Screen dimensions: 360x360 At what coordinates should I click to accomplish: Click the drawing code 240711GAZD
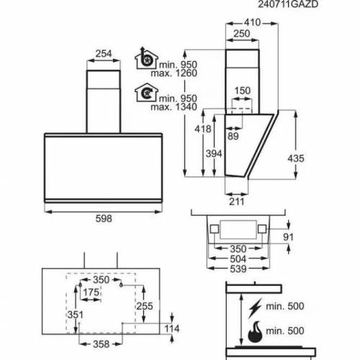[288, 4]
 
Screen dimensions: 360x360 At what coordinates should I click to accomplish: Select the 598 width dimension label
[104, 219]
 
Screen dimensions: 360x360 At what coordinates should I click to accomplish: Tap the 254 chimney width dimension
[104, 53]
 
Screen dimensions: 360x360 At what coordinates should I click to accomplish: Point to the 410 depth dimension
[252, 22]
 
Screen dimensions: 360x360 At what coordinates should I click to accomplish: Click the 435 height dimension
[296, 158]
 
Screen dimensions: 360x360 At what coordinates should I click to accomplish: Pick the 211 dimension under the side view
[237, 202]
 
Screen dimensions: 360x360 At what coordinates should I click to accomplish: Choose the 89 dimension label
[233, 136]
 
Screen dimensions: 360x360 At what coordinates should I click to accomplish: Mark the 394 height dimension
[214, 153]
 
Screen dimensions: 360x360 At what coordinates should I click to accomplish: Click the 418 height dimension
[203, 129]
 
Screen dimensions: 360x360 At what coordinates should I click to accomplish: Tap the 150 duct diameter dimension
[243, 91]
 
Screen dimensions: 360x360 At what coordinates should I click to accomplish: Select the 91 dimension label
[288, 237]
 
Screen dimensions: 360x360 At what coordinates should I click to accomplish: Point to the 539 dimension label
[238, 269]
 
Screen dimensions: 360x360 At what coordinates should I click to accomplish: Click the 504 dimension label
[238, 259]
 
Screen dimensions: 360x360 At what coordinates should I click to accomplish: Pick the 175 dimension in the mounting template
[91, 292]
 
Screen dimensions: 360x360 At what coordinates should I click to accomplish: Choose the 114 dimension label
[172, 328]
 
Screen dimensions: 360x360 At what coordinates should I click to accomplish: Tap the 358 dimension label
[102, 344]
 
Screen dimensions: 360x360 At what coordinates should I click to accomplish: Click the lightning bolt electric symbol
[255, 308]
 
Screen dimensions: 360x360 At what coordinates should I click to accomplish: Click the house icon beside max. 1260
[146, 58]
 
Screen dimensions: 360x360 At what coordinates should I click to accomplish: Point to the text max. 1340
[174, 107]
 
